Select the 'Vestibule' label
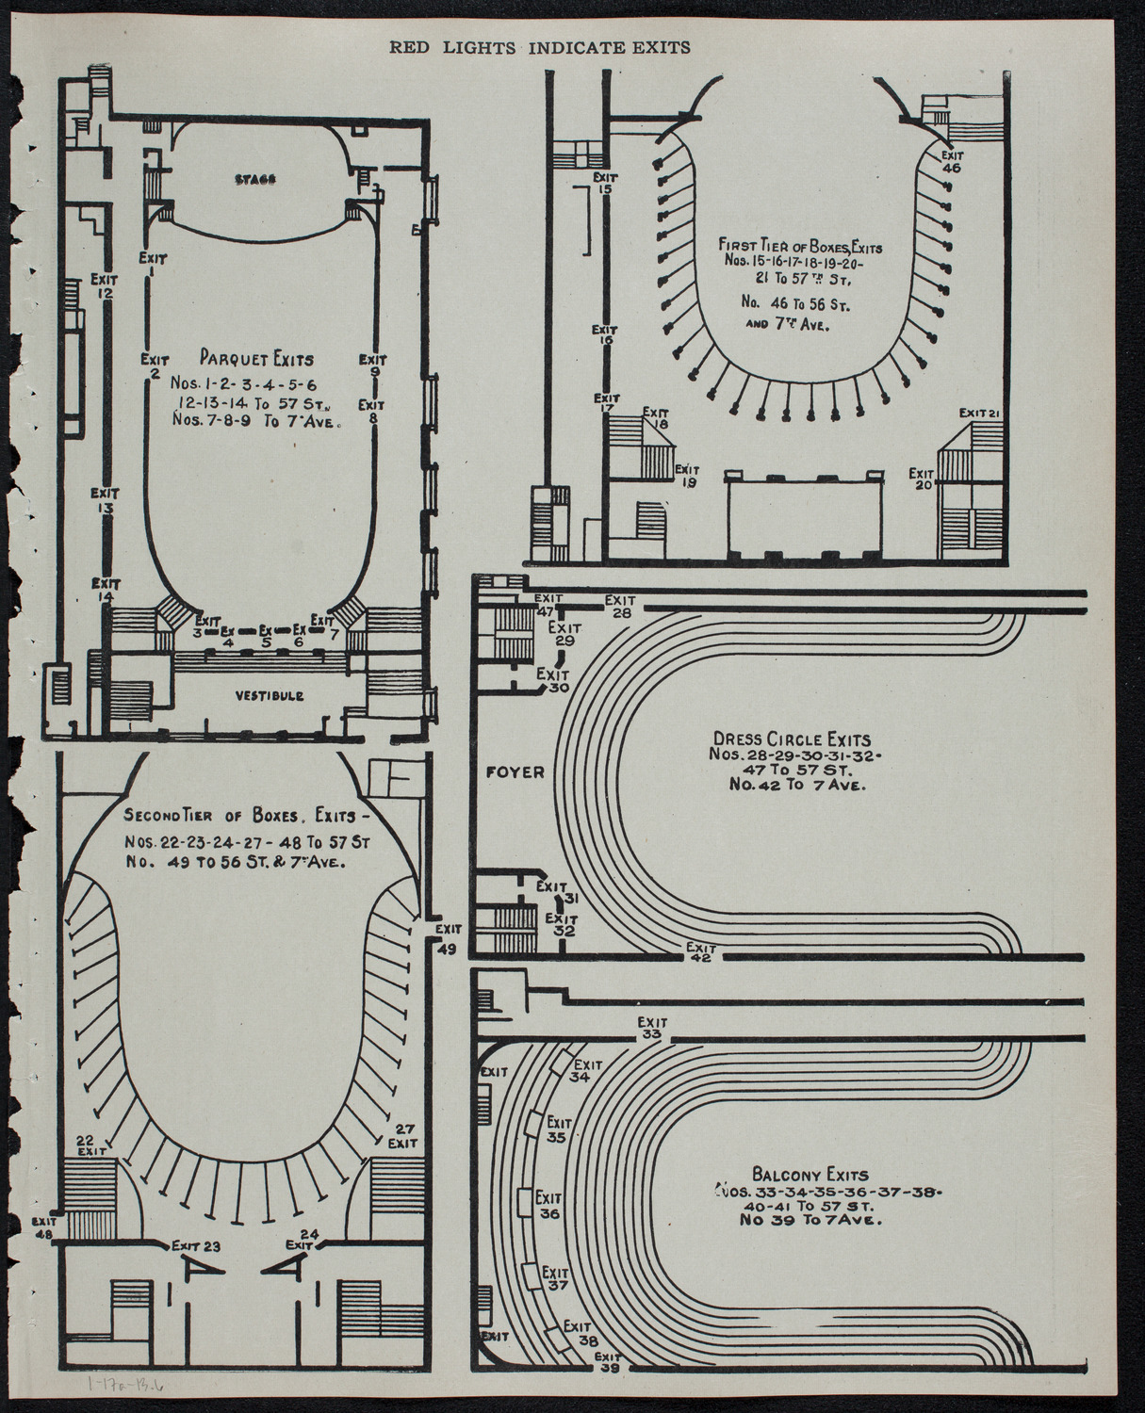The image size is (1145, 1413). (x=270, y=696)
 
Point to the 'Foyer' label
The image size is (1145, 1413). (x=515, y=771)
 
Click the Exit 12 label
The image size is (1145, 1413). (x=104, y=285)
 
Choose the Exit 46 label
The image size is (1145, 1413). (x=951, y=161)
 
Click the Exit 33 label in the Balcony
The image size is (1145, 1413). (x=650, y=1029)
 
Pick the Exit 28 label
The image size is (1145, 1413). (x=620, y=607)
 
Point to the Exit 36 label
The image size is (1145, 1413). (x=549, y=1205)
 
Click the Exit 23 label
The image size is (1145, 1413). (x=196, y=1246)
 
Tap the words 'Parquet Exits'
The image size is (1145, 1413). (x=256, y=359)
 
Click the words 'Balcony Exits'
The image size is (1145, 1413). (x=804, y=1175)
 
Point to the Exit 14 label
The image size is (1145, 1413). (x=105, y=591)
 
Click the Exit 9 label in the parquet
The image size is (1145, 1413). (x=374, y=365)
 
